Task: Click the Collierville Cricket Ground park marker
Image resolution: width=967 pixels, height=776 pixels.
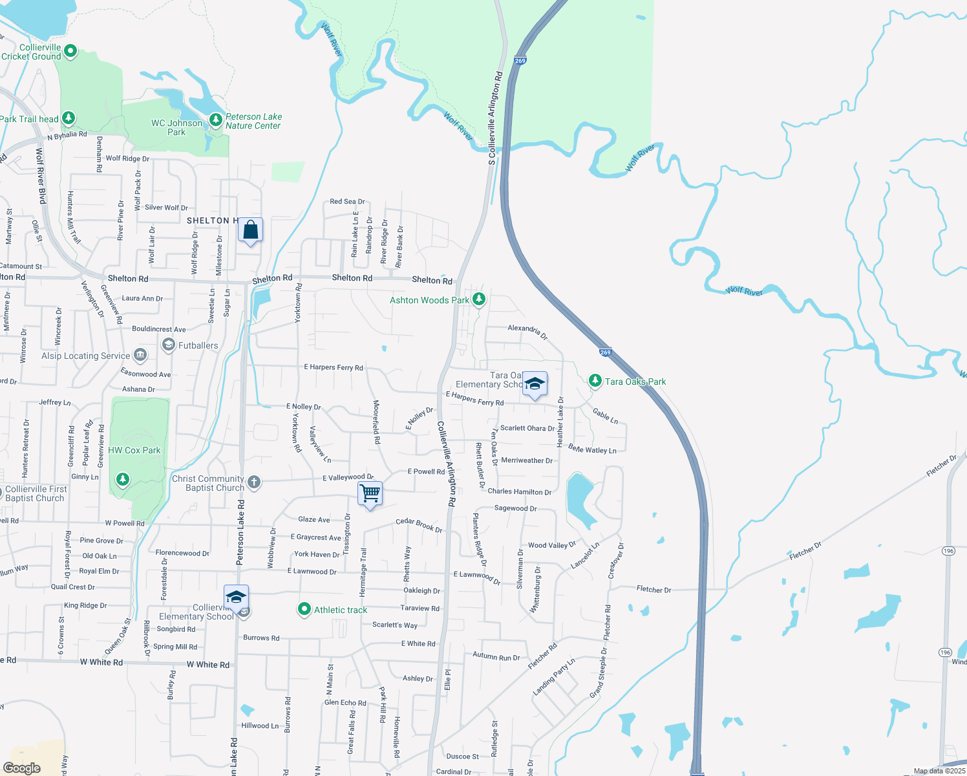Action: point(71,51)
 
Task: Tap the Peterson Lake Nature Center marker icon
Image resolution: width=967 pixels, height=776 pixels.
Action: point(216,121)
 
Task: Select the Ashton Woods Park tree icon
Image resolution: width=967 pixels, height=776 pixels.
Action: point(479,299)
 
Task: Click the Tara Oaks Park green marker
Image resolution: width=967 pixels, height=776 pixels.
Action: point(595,380)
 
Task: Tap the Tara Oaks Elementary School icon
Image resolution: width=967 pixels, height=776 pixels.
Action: point(535,383)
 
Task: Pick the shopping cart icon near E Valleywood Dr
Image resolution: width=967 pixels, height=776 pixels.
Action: point(370,493)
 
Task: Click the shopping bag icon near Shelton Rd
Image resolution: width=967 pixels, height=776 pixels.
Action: point(250,230)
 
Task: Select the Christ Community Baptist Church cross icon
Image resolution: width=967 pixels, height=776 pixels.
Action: point(254,482)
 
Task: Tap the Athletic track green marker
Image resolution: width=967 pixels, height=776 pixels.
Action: point(304,609)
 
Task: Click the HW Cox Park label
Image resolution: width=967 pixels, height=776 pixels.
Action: point(134,450)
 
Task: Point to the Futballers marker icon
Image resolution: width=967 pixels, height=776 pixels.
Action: point(169,345)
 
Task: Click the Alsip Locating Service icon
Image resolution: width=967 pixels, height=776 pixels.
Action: point(140,355)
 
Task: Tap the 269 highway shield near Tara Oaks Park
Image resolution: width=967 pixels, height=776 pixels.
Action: point(605,352)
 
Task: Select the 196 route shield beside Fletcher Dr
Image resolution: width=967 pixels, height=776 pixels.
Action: point(948,551)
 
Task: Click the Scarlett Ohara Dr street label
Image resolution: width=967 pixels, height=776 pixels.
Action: point(527,428)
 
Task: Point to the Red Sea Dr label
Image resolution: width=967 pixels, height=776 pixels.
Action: point(347,202)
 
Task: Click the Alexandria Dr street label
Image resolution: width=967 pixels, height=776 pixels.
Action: point(527,332)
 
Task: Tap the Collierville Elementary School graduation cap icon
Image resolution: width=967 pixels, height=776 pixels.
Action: point(236,596)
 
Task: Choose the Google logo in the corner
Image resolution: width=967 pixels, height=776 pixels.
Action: point(22,768)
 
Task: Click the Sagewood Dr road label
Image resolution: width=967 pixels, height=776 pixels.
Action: point(515,508)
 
